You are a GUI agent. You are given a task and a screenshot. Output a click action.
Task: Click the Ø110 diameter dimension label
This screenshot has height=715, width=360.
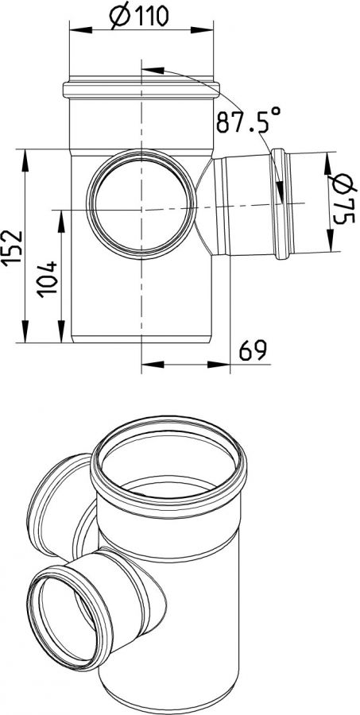pos(139,17)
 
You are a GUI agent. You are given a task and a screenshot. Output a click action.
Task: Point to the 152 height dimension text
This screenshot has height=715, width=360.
pos(13,247)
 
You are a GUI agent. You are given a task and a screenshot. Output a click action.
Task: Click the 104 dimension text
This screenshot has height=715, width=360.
pos(47,280)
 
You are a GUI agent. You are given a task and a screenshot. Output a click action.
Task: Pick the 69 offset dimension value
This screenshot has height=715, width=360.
pos(253,350)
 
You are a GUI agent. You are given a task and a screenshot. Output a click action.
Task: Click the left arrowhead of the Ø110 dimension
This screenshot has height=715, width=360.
pos(80,30)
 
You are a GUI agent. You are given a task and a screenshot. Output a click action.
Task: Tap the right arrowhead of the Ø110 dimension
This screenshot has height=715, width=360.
pos(202,30)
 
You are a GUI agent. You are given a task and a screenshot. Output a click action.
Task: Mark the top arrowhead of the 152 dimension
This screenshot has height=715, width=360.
pos(25,160)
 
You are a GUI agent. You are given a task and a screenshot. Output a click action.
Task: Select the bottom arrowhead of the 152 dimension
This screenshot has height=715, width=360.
pos(25,331)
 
